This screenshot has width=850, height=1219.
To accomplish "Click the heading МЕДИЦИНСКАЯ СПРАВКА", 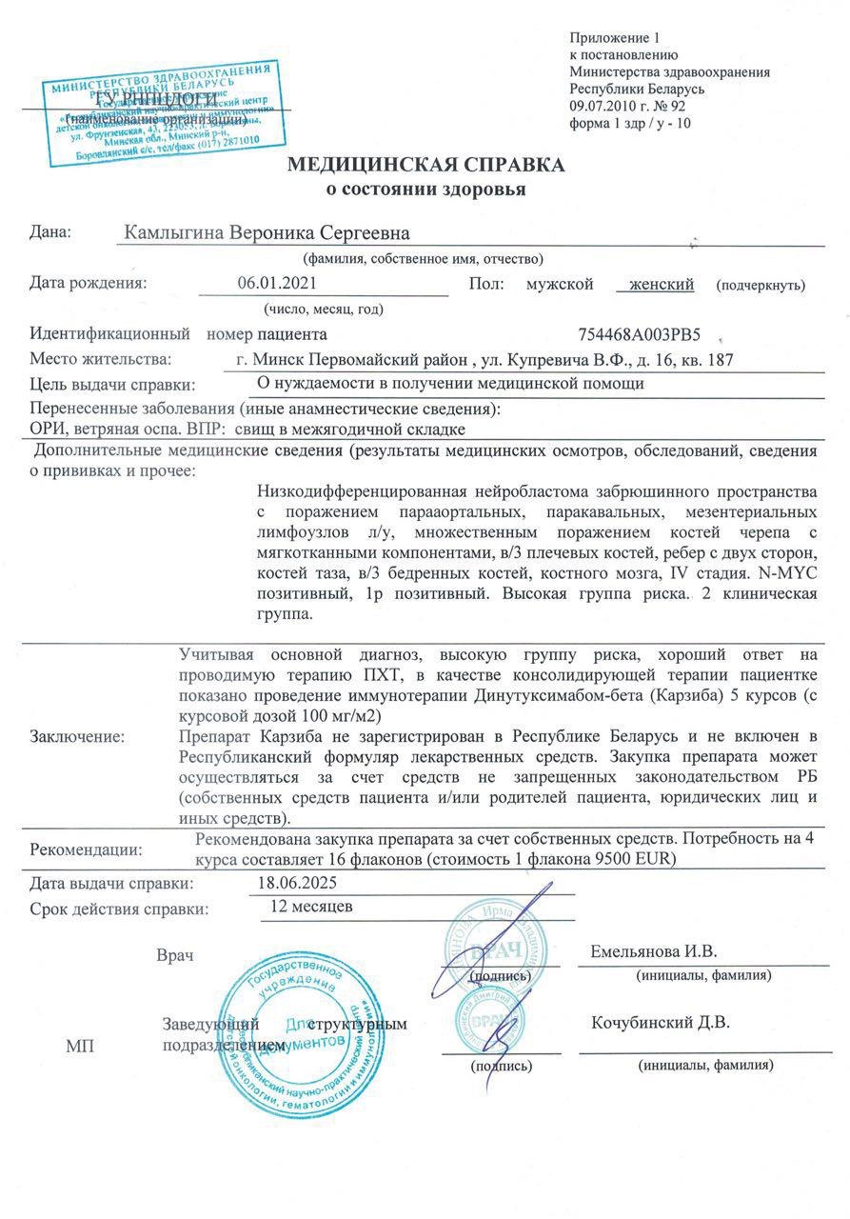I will (425, 165).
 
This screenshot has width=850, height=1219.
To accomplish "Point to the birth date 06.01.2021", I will (276, 284).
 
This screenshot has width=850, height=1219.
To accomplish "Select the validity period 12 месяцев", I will (312, 906).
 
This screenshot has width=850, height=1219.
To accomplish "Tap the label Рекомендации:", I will (86, 849).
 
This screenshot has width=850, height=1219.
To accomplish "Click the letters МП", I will (79, 1047).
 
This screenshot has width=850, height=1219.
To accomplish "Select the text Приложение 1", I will (614, 38).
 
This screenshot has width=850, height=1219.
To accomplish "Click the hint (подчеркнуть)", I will (761, 285).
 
